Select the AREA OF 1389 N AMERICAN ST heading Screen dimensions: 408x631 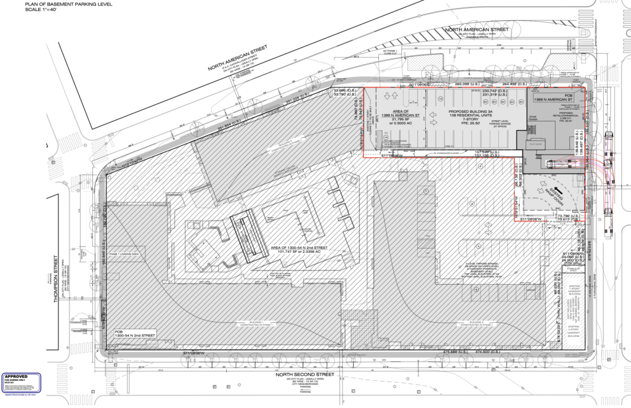[x=401, y=114]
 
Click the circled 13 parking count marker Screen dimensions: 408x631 [x=441, y=99]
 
